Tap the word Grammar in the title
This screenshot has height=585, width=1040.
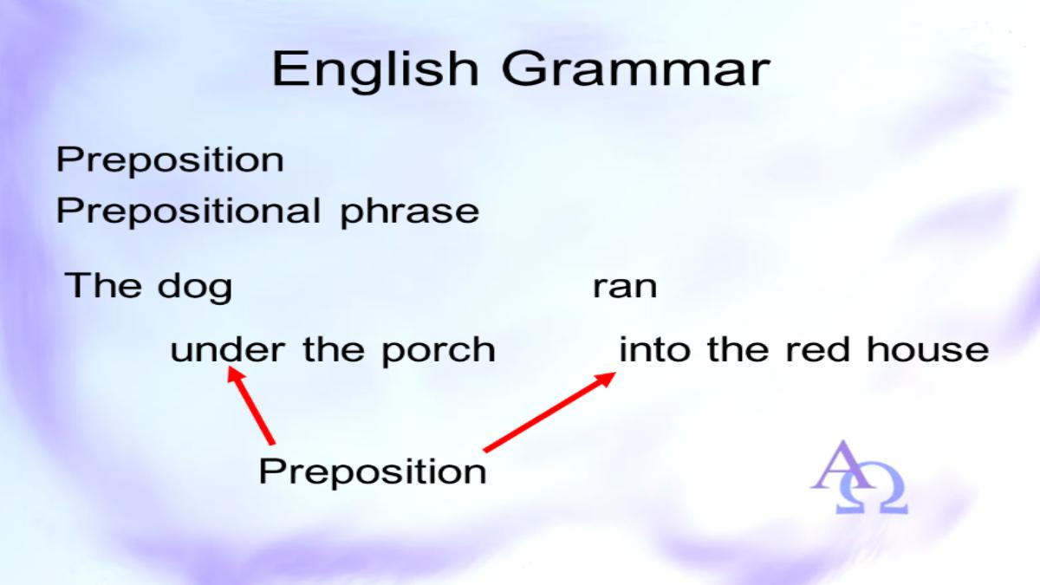636,69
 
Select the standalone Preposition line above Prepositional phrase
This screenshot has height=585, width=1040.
170,160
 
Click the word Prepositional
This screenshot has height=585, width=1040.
189,211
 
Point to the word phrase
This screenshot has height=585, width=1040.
409,212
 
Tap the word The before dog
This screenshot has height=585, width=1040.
103,284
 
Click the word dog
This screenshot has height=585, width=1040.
195,288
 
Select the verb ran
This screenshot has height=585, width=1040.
625,288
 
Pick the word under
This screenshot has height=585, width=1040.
227,349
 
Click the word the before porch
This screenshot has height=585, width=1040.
334,349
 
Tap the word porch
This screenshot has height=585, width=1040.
439,352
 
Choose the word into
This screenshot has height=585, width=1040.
654,349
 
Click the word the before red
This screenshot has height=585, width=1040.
738,349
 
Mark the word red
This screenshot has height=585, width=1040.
817,349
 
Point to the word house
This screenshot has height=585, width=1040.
928,349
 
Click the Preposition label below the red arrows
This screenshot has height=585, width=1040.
373,472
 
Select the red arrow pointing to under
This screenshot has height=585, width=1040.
251,406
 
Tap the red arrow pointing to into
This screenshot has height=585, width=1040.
549,412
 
